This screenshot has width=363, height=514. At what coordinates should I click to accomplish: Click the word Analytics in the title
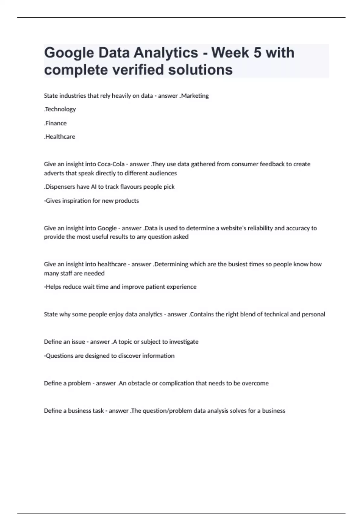coord(166,53)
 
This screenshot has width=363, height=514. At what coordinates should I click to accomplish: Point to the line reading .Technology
coord(60,109)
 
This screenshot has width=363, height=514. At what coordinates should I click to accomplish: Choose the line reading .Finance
coord(55,123)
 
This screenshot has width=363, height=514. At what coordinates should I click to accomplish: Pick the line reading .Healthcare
coord(60,137)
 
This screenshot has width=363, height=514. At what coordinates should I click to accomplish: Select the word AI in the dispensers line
coord(93,187)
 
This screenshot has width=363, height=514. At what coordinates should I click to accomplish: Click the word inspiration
coord(77,201)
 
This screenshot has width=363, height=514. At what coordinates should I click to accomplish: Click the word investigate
coord(184,342)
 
